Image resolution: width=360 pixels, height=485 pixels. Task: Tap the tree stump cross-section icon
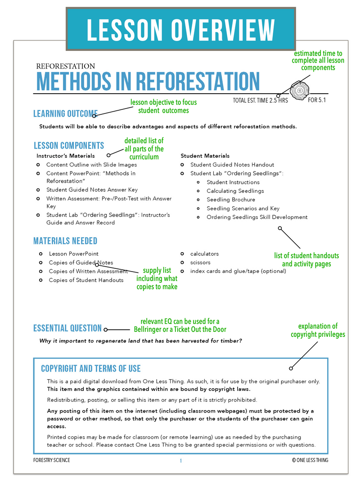click(297, 91)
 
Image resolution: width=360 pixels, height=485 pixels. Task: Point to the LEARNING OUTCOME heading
click(65, 113)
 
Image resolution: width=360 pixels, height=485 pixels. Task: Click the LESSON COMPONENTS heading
click(69, 145)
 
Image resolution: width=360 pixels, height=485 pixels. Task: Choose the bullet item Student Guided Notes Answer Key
click(92, 190)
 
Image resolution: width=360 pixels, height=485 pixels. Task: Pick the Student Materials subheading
click(205, 156)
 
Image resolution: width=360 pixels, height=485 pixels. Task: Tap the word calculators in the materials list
click(204, 254)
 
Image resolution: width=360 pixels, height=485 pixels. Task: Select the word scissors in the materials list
click(200, 263)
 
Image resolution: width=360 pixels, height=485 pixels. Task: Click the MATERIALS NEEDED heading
click(65, 241)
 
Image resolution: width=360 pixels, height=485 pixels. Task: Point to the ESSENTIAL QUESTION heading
click(67, 328)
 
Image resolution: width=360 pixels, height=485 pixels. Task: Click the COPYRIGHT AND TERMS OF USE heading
click(90, 369)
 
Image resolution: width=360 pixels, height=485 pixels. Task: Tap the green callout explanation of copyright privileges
click(318, 330)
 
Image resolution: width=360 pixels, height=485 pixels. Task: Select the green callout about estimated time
click(318, 60)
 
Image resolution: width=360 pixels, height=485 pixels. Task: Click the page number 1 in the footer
click(180, 460)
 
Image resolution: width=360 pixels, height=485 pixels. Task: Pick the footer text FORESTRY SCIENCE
click(52, 460)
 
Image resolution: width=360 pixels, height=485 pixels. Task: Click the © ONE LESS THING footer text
click(310, 460)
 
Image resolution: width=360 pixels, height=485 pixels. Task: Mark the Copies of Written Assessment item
click(88, 272)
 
